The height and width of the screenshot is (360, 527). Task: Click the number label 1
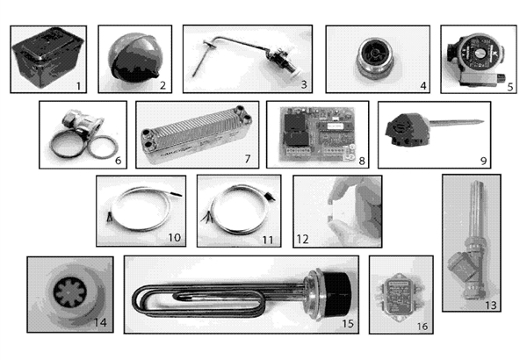(x=80, y=85)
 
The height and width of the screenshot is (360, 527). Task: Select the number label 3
(x=303, y=84)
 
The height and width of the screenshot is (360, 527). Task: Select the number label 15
(x=348, y=323)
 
